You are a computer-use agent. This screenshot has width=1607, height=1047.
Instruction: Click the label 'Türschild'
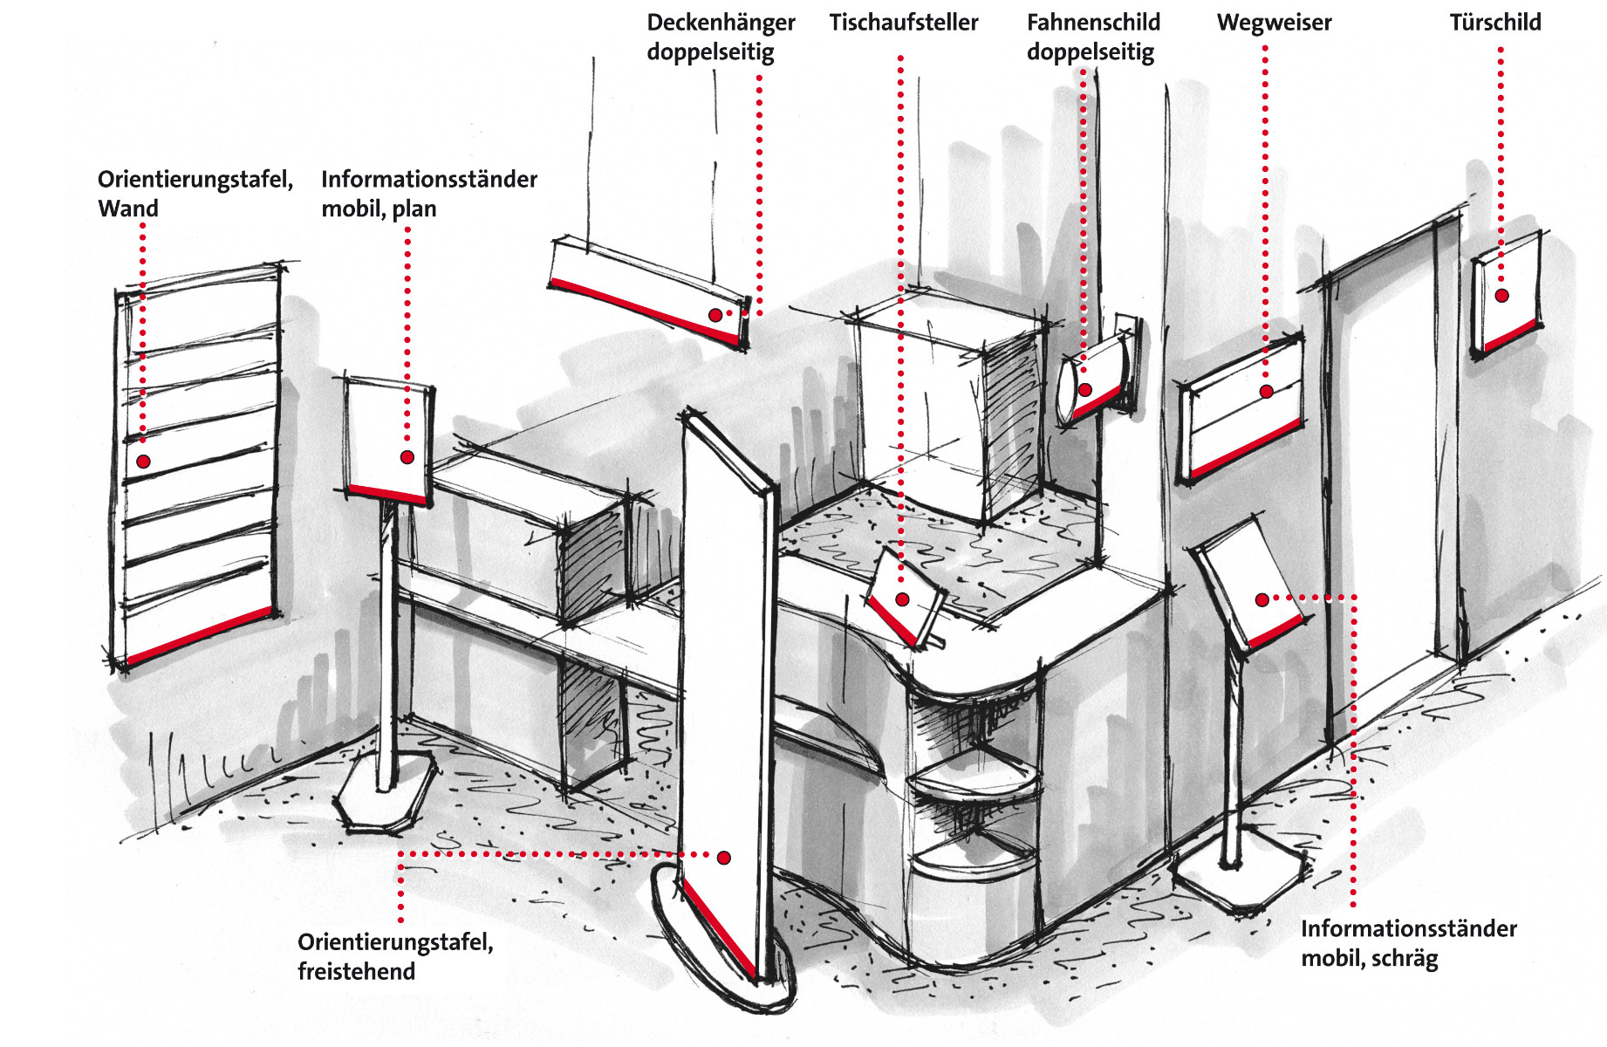(1495, 23)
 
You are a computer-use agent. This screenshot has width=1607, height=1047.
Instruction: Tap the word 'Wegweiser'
(1274, 23)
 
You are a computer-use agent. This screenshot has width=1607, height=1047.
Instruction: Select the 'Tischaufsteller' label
(904, 23)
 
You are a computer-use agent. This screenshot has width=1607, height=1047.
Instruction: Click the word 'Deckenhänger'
(721, 23)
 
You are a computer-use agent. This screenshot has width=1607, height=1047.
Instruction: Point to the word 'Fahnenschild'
(1093, 23)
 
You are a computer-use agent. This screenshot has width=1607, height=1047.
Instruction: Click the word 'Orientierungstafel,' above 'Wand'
(195, 180)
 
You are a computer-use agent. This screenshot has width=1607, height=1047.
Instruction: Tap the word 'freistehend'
(356, 971)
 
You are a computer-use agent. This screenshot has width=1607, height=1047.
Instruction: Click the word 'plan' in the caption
(414, 209)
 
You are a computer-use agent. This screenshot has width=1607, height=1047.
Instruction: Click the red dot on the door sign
(1501, 296)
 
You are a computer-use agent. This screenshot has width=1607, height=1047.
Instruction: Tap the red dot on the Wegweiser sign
(1266, 392)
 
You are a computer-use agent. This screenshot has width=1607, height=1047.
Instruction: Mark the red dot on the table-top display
(902, 599)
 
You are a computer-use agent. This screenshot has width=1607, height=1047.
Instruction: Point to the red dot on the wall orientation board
(143, 462)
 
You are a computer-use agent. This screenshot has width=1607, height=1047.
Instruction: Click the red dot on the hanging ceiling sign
(715, 315)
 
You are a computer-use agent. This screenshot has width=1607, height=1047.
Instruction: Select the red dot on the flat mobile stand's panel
(407, 457)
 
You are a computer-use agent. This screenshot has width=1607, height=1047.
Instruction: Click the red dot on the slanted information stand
(1262, 599)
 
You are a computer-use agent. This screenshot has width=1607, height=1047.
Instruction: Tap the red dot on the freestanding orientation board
(723, 858)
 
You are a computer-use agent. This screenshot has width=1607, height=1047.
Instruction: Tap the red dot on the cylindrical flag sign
(1085, 390)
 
